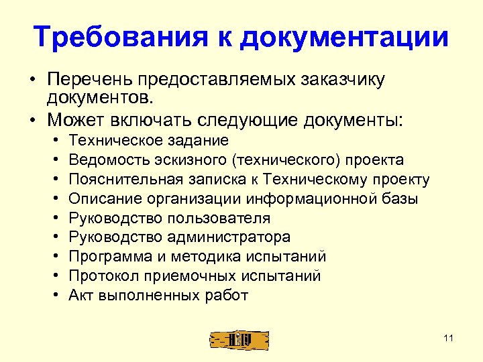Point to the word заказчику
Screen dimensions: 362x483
click(343, 80)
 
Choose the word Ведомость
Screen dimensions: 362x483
click(107, 160)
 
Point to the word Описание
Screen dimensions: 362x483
click(101, 198)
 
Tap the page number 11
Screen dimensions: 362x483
click(449, 338)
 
